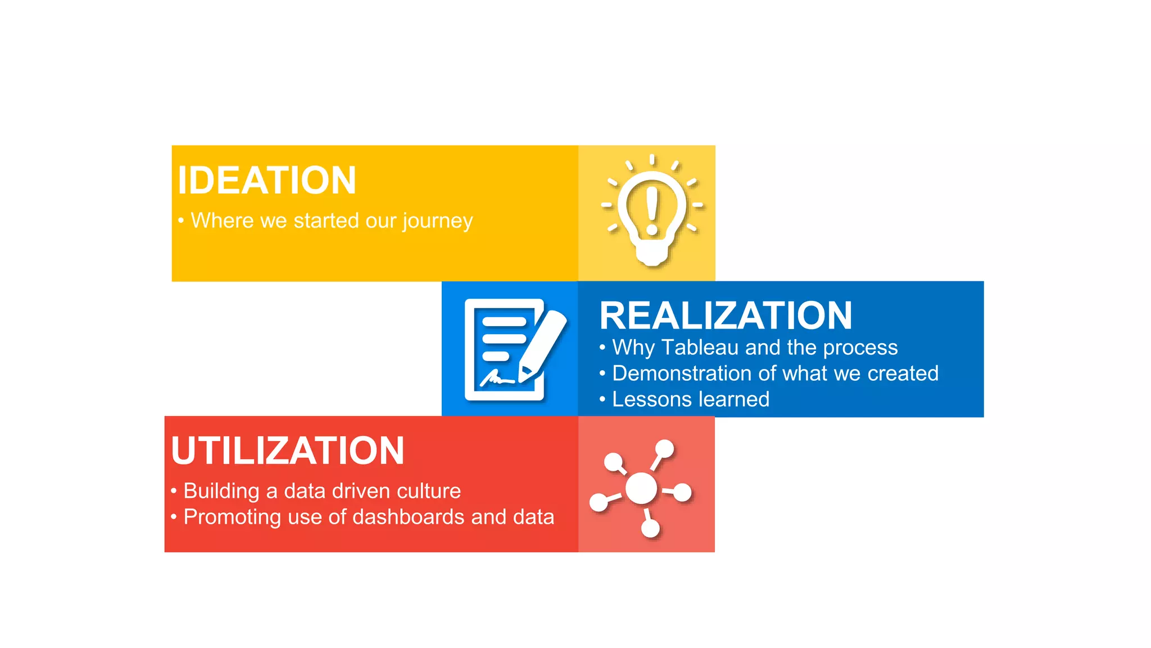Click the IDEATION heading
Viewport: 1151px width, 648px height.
(267, 181)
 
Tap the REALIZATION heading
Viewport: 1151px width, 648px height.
(726, 316)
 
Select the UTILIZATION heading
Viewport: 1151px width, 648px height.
(287, 451)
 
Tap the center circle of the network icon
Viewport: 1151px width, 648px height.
(641, 488)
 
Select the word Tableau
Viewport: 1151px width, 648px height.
(700, 348)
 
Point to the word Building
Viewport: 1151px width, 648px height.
(221, 491)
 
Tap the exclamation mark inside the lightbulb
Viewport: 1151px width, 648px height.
(652, 210)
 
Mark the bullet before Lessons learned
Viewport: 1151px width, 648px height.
(602, 399)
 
